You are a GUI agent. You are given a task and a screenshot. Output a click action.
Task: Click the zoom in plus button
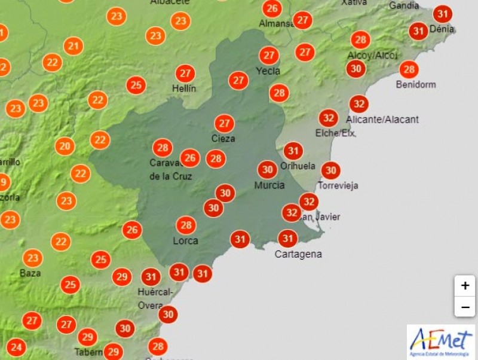(x=465, y=286)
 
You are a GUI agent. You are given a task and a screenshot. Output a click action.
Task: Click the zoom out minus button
(x=465, y=307)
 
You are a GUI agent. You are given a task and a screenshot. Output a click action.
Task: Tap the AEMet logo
(x=441, y=342)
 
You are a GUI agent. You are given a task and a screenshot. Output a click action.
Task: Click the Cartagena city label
(x=298, y=254)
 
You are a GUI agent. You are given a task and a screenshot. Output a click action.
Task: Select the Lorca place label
(x=185, y=241)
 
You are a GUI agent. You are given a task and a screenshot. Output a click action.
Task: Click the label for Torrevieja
(x=338, y=185)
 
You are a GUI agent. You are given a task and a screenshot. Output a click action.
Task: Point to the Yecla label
(x=268, y=70)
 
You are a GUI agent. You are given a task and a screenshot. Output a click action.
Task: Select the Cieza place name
(x=223, y=138)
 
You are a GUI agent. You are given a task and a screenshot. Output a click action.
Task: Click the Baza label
(x=30, y=273)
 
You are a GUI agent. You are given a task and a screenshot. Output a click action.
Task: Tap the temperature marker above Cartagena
(x=288, y=239)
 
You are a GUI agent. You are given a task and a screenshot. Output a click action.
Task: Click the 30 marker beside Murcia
(x=268, y=169)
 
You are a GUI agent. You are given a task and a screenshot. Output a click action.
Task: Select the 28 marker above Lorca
(x=186, y=225)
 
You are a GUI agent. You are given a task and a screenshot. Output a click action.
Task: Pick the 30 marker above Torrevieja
(x=330, y=170)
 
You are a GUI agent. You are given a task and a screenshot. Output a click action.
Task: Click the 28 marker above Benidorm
(x=409, y=69)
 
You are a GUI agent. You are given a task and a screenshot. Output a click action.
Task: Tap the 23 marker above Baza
(x=32, y=258)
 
